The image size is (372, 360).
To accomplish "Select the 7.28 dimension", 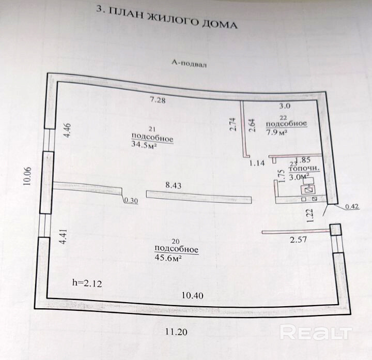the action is pyautogui.click(x=158, y=100).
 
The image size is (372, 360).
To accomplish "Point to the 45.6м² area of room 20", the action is pyautogui.click(x=169, y=258).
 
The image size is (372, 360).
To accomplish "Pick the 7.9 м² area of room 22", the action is pyautogui.click(x=276, y=132).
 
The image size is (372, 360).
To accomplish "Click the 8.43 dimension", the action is pyautogui.click(x=175, y=184).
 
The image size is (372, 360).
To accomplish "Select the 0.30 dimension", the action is pyautogui.click(x=131, y=202).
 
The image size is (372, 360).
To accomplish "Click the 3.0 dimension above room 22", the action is pyautogui.click(x=285, y=106).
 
